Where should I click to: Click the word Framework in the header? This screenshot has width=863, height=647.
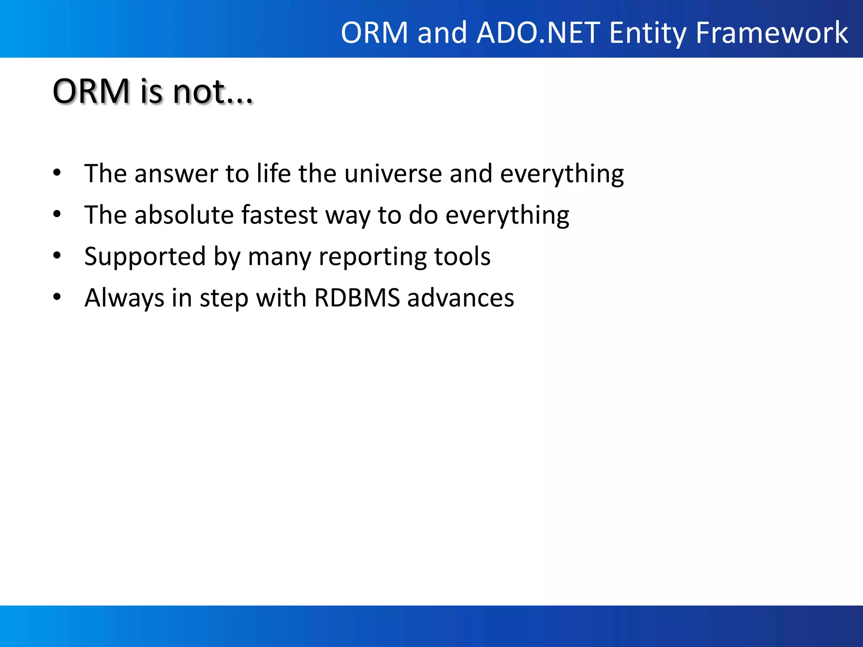[x=772, y=33]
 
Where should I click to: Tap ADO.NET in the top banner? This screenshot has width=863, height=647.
[x=538, y=33]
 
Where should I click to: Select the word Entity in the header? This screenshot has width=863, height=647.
[x=648, y=33]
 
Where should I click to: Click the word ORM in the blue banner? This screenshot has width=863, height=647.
[x=375, y=33]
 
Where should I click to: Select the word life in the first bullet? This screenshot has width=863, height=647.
[x=274, y=174]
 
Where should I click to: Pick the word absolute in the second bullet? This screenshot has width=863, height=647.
[x=184, y=215]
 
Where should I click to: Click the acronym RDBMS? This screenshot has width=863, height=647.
[x=357, y=298]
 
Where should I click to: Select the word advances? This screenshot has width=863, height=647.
[x=461, y=298]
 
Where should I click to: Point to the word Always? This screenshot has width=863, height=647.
[x=124, y=298]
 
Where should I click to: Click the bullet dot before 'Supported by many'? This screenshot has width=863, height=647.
[x=57, y=255]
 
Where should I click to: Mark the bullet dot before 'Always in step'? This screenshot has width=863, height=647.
[x=57, y=297]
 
